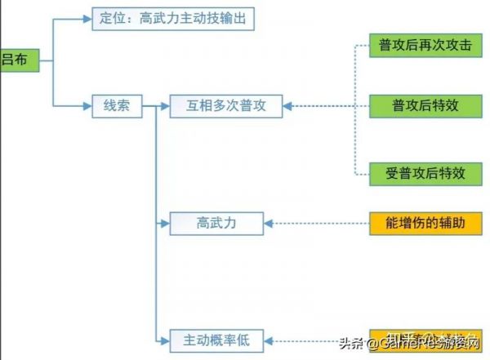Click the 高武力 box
pos(216,221)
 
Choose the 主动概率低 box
pos(216,338)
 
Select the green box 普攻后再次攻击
pos(420,45)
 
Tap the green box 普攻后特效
pos(420,105)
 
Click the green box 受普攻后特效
pos(420,172)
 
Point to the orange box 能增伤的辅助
pos(420,221)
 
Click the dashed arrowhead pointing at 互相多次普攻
pos(287,106)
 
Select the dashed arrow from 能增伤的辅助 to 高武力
pos(318,221)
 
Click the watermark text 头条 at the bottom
pos(349,343)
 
